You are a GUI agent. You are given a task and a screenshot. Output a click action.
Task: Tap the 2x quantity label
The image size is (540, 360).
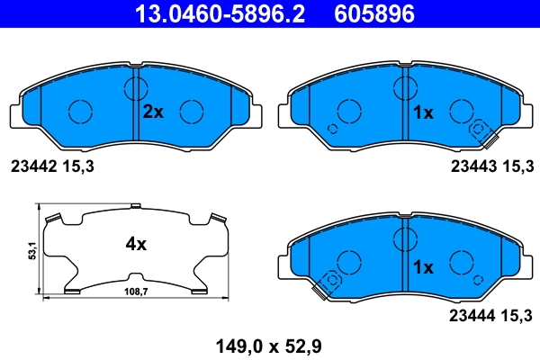[153, 112]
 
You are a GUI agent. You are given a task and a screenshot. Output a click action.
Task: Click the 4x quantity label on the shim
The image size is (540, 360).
[136, 244]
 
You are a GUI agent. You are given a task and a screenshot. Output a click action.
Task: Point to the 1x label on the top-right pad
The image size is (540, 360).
[423, 112]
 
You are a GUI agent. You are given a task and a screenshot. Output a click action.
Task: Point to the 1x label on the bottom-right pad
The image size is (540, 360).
[423, 267]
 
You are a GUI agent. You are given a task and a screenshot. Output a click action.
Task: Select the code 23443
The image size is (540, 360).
[472, 166]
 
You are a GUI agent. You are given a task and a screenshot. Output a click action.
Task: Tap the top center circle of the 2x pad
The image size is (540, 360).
[136, 88]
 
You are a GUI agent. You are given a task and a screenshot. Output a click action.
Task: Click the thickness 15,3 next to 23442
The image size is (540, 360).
[77, 166]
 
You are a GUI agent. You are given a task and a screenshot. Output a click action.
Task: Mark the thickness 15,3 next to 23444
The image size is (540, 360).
[518, 314]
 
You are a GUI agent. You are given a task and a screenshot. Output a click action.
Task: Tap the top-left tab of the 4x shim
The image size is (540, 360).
[52, 216]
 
